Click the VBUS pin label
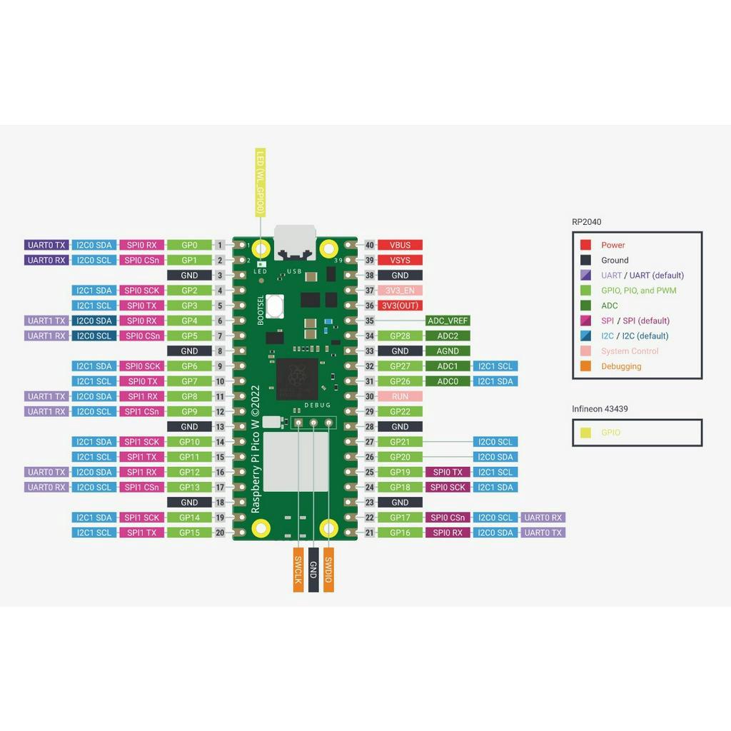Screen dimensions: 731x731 point(400,245)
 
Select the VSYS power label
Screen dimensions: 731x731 point(400,260)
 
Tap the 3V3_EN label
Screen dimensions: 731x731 point(400,291)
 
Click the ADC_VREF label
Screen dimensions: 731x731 point(448,321)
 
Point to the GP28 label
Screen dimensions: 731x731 point(400,336)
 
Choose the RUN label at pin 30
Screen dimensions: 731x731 point(400,396)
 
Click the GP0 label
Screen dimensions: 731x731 point(189,245)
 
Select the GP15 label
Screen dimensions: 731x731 point(189,533)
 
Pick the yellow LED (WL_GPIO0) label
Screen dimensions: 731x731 point(261,183)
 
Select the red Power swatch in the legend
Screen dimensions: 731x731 point(585,245)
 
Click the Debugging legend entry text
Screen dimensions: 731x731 point(621,366)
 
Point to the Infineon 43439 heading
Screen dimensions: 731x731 point(600,409)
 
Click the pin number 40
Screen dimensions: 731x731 point(369,245)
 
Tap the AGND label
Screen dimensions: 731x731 point(448,351)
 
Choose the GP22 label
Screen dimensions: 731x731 point(400,411)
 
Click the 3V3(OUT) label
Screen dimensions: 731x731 point(400,306)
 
